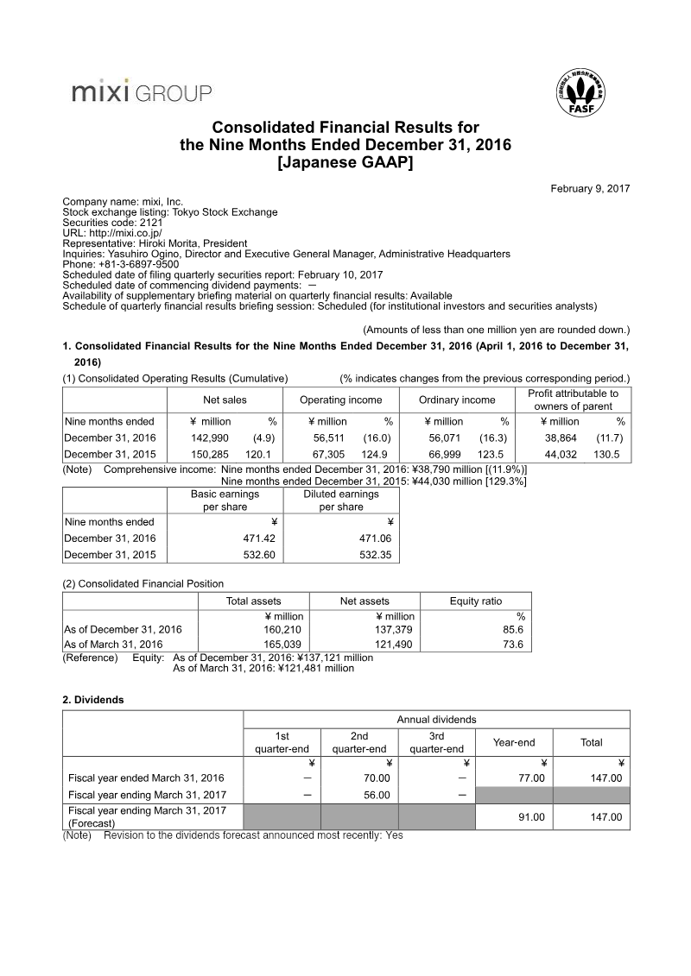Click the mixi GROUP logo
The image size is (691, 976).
tap(142, 92)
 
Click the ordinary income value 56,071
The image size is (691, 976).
tap(447, 438)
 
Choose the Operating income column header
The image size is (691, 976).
tap(340, 400)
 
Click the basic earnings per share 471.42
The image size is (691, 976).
tap(257, 538)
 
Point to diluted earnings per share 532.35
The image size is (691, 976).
tap(375, 555)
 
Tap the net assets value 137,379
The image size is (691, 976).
tap(395, 629)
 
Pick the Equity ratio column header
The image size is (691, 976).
tap(476, 601)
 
